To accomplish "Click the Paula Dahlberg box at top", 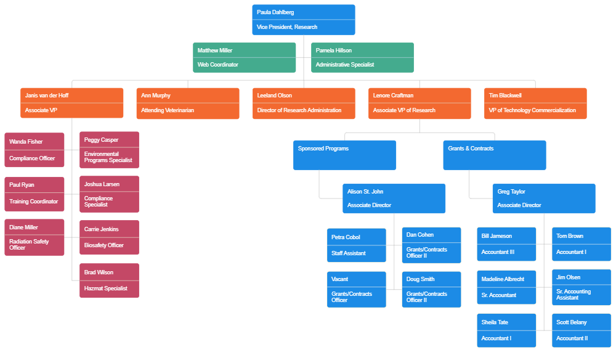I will [x=303, y=20].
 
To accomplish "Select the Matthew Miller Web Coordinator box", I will [x=244, y=57].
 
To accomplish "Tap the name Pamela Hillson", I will [x=334, y=51].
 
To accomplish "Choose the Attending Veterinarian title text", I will [x=168, y=110].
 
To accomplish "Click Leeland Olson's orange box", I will [x=303, y=103].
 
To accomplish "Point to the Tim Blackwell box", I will [x=535, y=103].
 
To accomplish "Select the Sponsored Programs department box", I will [x=344, y=155].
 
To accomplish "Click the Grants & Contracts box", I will [x=494, y=155].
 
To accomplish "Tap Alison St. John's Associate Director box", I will [x=394, y=198].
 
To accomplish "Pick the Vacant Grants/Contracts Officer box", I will [x=356, y=289].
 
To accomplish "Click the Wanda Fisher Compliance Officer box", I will [x=34, y=150].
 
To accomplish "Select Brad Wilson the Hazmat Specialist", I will [x=109, y=280].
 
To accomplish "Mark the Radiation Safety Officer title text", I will [x=29, y=245].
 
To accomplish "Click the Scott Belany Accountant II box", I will [x=581, y=330].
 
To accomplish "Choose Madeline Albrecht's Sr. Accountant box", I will [x=506, y=287].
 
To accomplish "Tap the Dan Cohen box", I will [x=431, y=244].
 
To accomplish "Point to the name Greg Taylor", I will [x=511, y=192].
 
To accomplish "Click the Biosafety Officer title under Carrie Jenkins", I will [x=104, y=245].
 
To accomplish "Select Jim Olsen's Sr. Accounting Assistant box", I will [x=581, y=287].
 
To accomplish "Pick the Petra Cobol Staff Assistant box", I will [x=356, y=245].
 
